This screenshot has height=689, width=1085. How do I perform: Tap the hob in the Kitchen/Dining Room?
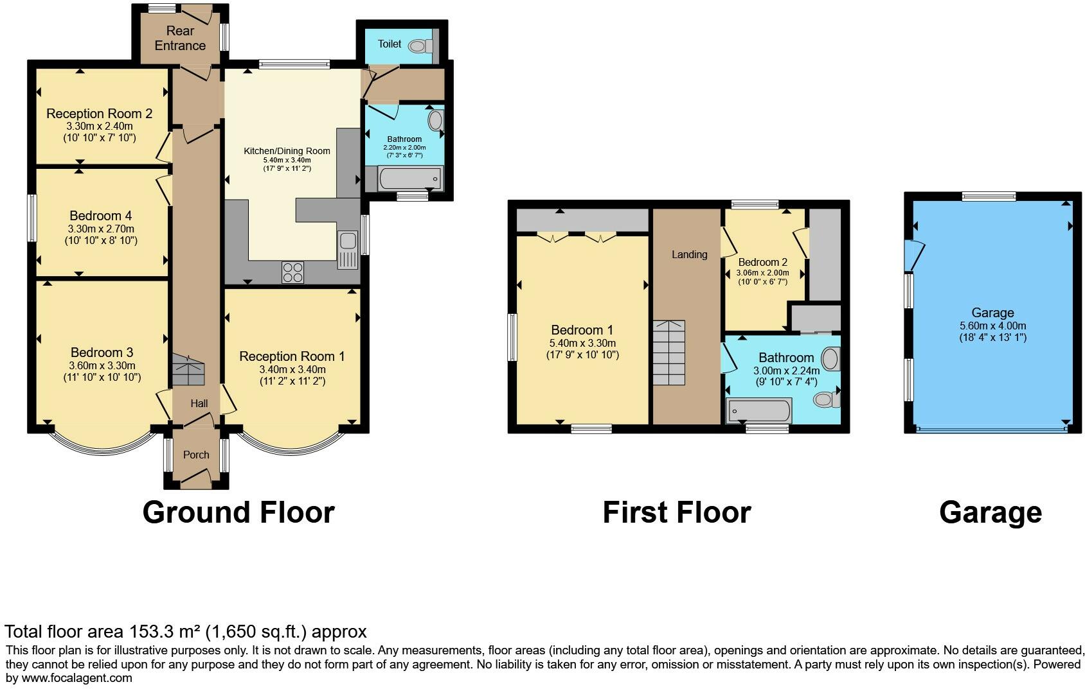coord(292,272)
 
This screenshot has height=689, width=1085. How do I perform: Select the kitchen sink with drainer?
coord(348,250)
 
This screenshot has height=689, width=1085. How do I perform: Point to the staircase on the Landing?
coord(669,353)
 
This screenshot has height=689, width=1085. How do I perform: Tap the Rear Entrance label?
coord(180,38)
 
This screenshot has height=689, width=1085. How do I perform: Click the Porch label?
coord(196,455)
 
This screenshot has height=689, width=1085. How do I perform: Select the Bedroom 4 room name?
coord(100,216)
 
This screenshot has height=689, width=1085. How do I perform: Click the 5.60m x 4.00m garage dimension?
coord(992,326)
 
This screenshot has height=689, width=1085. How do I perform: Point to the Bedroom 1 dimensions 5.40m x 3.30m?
coord(582,344)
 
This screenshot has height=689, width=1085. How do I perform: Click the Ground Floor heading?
coord(238,512)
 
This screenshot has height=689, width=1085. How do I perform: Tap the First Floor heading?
coord(676,512)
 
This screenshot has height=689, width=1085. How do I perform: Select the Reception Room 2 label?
coord(99,114)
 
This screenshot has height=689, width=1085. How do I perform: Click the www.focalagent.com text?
coord(77,677)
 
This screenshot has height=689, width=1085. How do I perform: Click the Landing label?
coord(689,255)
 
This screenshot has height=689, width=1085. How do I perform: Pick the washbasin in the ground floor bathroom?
coord(435,120)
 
